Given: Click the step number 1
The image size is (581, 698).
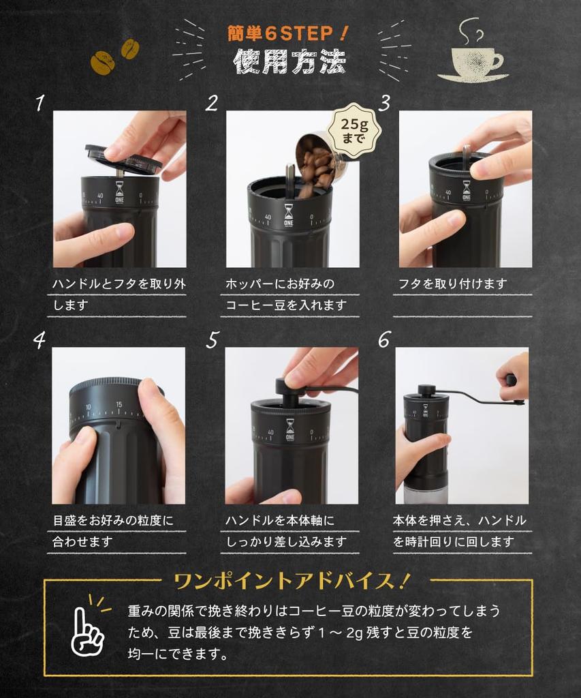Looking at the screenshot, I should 40,103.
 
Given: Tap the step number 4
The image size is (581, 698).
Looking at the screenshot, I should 40,339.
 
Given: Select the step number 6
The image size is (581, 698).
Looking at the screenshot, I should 384,339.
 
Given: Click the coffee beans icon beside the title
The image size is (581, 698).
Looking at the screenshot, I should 114,57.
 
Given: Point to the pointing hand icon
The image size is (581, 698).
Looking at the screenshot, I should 87,628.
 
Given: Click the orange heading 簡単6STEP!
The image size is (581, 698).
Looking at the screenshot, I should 289,33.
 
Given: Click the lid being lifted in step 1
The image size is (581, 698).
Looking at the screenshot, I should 123,158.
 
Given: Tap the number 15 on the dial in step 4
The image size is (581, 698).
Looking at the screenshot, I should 119,404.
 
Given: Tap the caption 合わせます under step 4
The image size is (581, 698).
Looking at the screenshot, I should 82,542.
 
